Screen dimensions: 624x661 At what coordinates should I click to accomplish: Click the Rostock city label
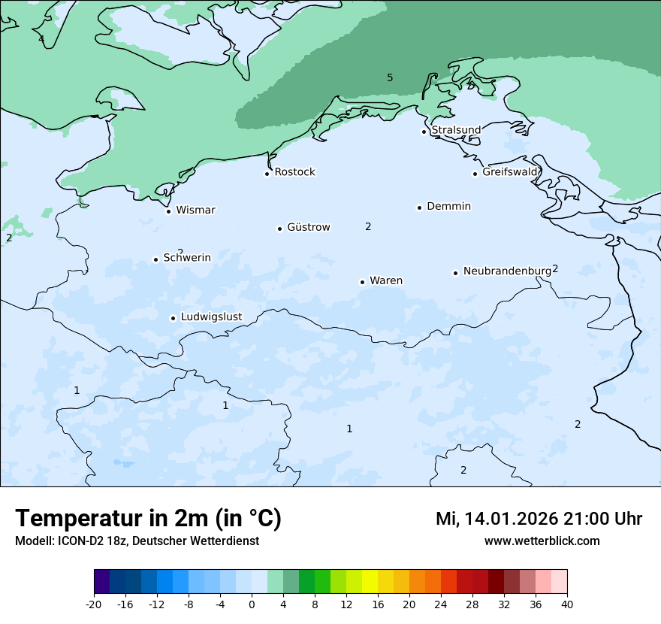(294, 172)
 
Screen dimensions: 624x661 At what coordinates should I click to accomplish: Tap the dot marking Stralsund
(424, 132)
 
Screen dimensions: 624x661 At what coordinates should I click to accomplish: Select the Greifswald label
(510, 172)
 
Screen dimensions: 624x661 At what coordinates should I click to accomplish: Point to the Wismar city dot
(168, 211)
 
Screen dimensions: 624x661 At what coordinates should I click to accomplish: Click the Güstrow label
(308, 227)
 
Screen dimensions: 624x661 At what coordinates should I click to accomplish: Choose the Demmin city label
(448, 206)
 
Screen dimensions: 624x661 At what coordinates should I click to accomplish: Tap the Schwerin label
(187, 258)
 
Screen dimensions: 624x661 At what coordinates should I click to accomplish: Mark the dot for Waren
(362, 282)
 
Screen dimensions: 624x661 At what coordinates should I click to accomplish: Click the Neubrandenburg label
(507, 271)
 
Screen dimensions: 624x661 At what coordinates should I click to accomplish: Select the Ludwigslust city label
(211, 317)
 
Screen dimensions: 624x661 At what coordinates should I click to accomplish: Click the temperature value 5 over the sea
(390, 77)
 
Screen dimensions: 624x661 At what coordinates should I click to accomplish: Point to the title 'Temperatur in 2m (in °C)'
(148, 519)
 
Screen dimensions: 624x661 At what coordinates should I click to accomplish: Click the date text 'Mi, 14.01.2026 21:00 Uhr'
(539, 519)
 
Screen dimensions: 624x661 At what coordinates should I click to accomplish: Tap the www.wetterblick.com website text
(542, 541)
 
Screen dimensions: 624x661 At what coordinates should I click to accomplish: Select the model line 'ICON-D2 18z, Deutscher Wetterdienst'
(136, 541)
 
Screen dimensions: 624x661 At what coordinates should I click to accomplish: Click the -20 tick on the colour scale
(94, 604)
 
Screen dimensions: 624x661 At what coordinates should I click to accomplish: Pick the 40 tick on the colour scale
(566, 604)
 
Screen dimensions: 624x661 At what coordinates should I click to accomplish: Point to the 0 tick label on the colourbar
(252, 604)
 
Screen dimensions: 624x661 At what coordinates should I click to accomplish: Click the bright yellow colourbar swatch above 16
(370, 582)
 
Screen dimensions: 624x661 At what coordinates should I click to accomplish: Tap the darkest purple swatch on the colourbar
(102, 582)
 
